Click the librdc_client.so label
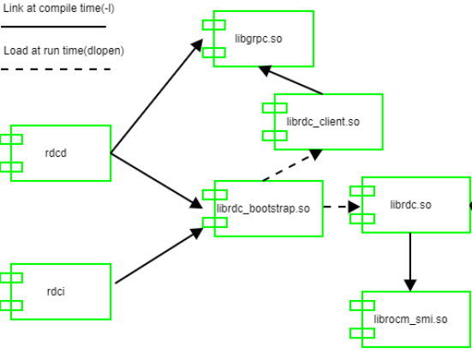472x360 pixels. (x=323, y=122)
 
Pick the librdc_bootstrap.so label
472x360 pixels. (x=263, y=209)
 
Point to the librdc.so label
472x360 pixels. (x=410, y=205)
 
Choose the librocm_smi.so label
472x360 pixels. (x=411, y=320)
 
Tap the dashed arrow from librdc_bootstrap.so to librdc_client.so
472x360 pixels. (x=291, y=167)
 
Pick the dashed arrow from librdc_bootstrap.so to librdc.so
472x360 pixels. (x=342, y=207)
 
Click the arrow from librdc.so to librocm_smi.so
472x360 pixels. (x=410, y=261)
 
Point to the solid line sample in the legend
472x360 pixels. (x=56, y=27)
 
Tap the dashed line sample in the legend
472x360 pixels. (x=57, y=69)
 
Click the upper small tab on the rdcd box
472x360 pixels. (x=12, y=140)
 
